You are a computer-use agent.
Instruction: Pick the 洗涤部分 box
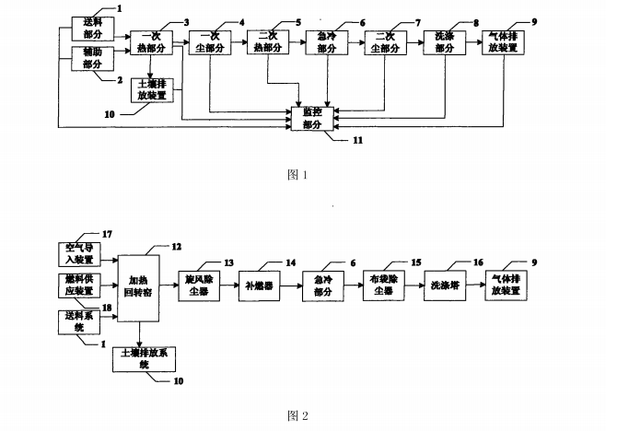pos(446,41)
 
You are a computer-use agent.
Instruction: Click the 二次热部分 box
pos(267,41)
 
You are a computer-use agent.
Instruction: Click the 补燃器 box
pos(262,285)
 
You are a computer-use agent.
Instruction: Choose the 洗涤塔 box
pos(446,285)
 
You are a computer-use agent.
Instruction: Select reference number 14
pos(291,263)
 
